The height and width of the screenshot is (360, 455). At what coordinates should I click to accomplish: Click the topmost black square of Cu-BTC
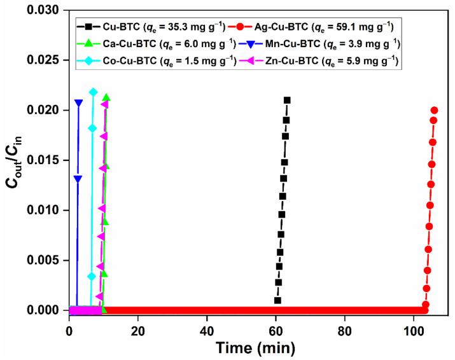point(287,100)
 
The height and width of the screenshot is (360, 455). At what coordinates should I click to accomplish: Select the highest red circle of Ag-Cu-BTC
point(435,110)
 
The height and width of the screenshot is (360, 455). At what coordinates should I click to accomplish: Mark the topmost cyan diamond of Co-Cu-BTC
point(93,92)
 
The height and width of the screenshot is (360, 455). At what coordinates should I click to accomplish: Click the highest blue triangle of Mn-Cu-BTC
point(78,102)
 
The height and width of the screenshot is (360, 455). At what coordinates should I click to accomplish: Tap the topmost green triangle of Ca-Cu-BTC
point(106,97)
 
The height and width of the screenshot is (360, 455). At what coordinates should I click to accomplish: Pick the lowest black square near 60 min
point(277,300)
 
